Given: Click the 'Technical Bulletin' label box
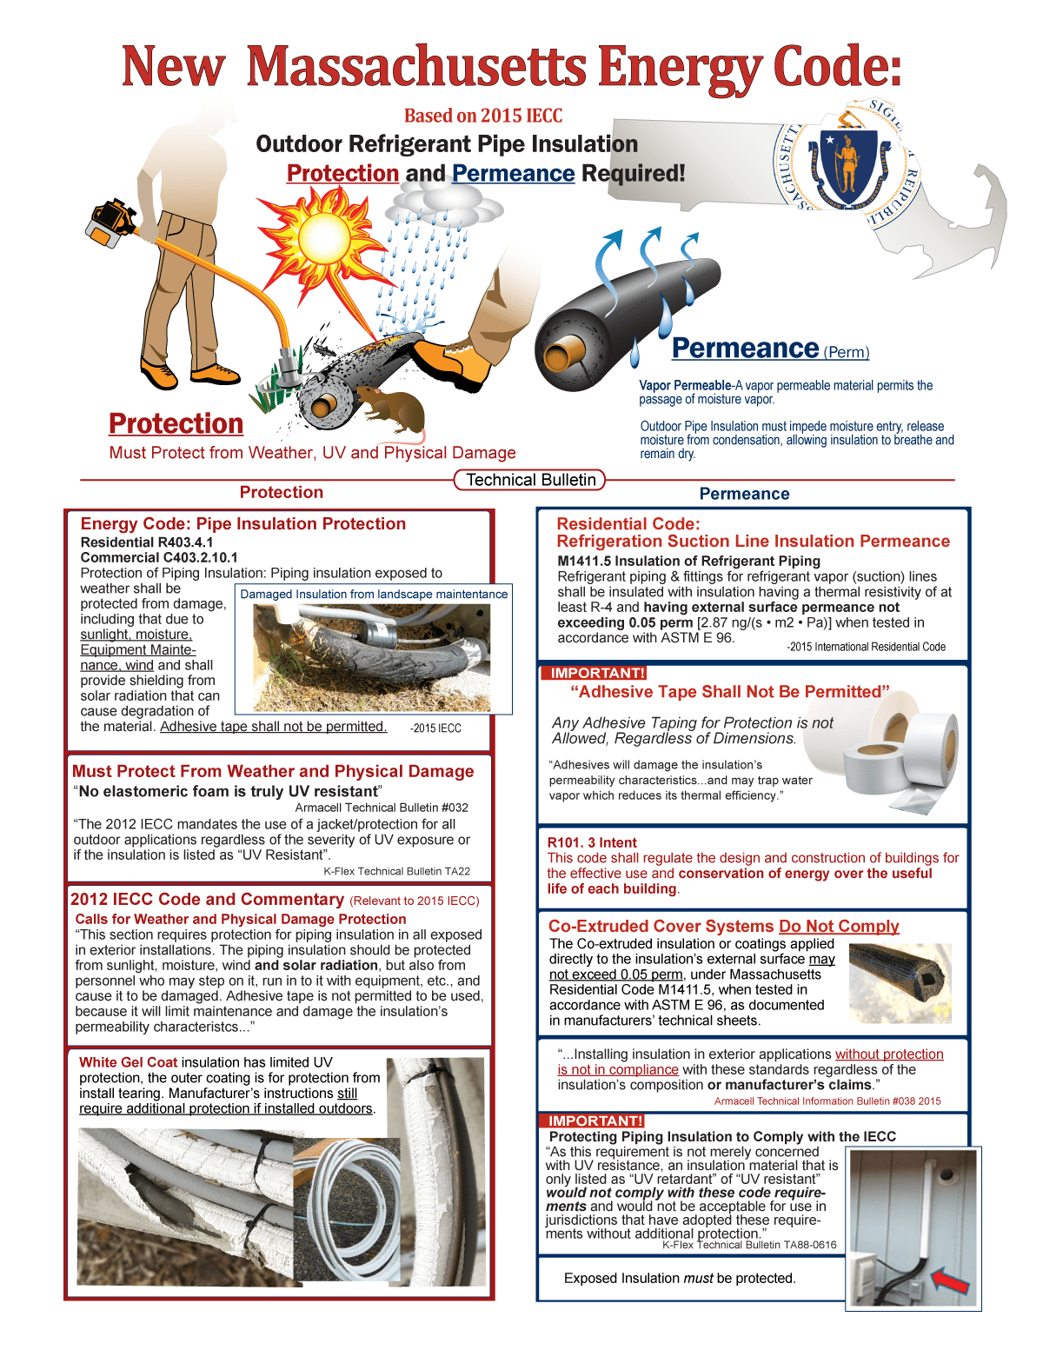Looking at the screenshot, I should tap(530, 480).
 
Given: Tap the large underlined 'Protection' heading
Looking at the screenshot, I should tap(176, 423).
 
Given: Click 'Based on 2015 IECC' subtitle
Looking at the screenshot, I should tap(483, 116).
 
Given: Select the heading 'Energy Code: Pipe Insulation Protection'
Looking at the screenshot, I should tap(242, 523).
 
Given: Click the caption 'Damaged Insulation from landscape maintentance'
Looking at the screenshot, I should tap(374, 595).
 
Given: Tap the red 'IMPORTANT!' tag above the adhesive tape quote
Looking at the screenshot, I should tap(593, 673).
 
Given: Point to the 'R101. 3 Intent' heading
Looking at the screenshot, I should tap(592, 842).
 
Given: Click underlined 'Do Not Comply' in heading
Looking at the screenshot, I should tap(839, 927).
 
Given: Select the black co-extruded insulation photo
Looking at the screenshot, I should tap(900, 981).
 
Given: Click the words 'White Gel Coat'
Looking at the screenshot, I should tap(128, 1062).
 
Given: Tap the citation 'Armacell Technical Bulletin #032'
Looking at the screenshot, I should tap(382, 808).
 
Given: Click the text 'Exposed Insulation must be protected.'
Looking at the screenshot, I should tap(680, 1278).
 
